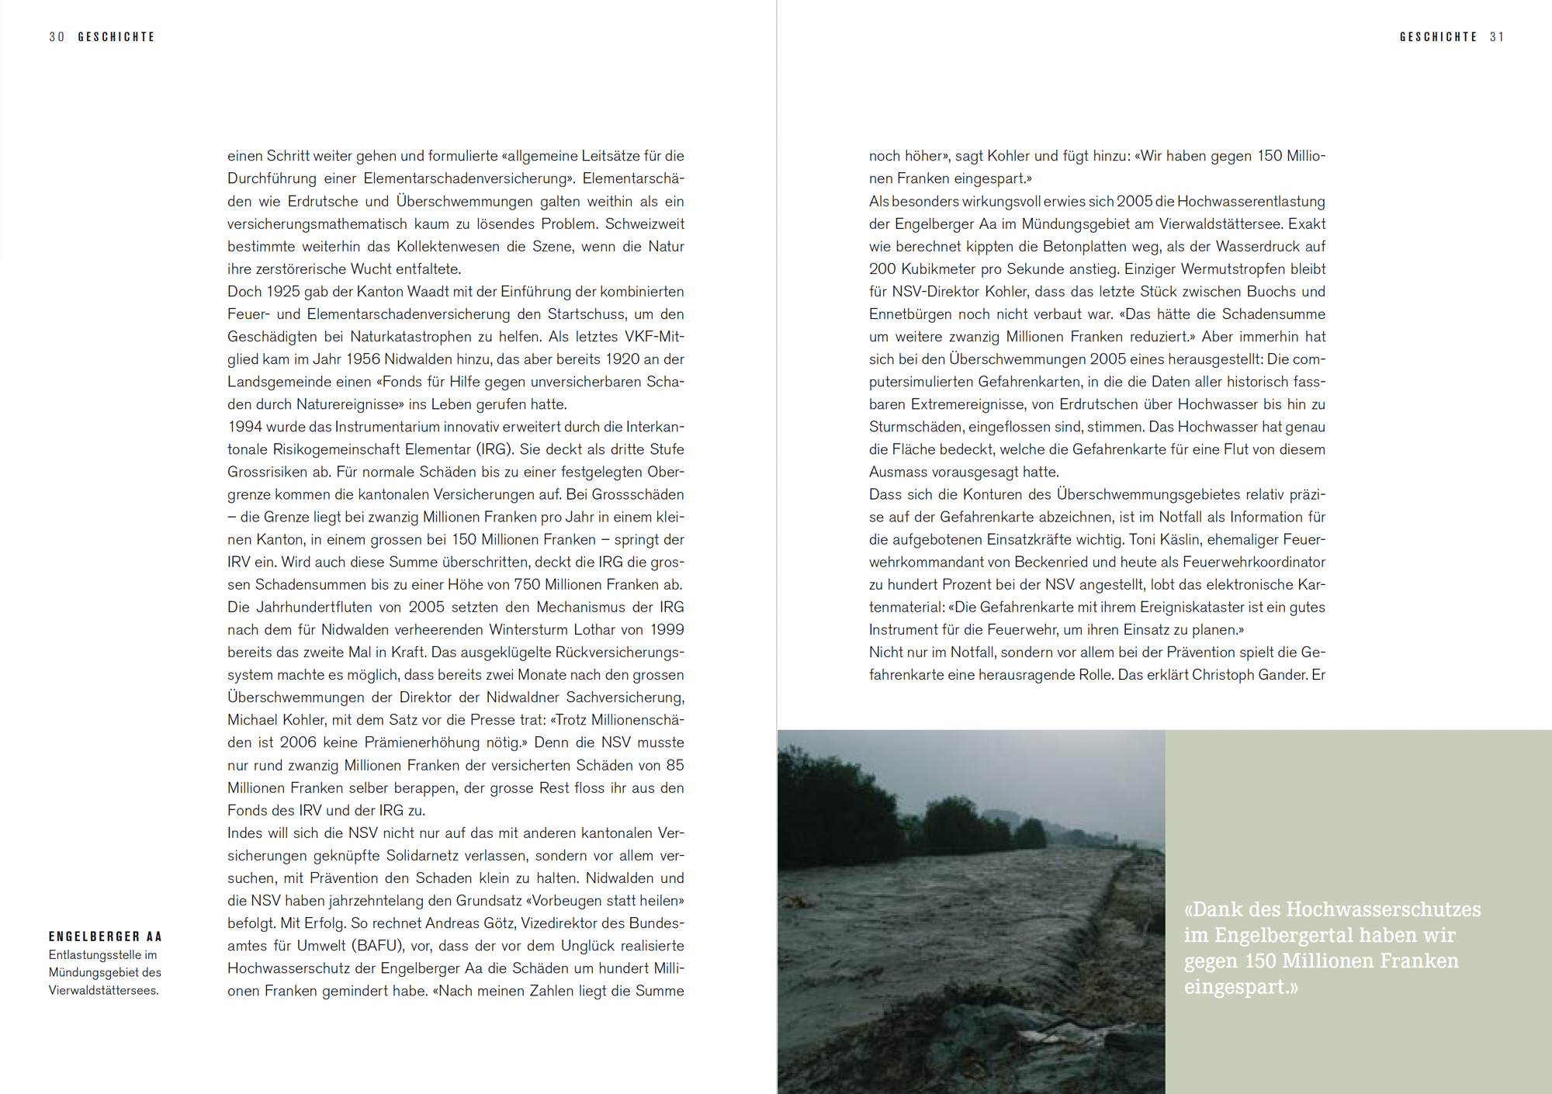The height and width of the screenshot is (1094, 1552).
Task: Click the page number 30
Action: click(x=57, y=37)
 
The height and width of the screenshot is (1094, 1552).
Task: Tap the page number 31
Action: click(x=1497, y=37)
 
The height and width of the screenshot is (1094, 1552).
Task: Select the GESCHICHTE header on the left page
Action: click(x=116, y=37)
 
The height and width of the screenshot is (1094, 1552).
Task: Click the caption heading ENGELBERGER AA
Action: click(x=106, y=936)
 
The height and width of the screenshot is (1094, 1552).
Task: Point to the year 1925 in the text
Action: click(x=283, y=292)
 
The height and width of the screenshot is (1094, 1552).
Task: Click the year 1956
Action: click(x=363, y=359)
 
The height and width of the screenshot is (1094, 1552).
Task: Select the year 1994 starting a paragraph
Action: click(x=245, y=427)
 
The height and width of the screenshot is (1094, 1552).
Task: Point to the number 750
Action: click(x=527, y=584)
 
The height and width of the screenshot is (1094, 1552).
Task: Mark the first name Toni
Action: click(x=1142, y=539)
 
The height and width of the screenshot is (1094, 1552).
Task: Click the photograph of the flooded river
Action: click(x=971, y=912)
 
